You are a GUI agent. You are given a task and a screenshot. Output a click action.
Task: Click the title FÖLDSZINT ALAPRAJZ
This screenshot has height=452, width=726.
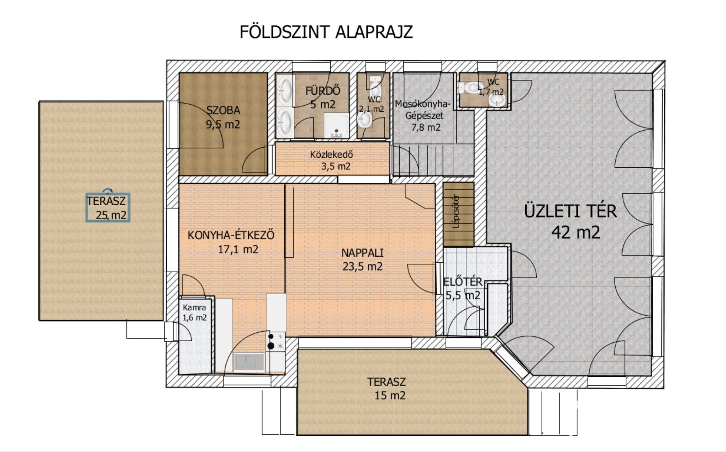point(326,32)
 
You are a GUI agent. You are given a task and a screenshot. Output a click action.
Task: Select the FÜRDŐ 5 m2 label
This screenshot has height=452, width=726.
point(322,97)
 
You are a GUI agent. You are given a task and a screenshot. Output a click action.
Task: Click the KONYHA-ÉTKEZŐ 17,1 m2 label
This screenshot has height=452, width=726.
point(231,242)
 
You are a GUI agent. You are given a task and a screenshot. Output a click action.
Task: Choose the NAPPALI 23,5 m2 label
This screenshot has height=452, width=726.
point(362,260)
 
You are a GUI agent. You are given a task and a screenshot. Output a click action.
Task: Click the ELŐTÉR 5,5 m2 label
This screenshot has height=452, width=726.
point(462,289)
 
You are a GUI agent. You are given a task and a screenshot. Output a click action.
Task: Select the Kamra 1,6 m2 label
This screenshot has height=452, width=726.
point(194,313)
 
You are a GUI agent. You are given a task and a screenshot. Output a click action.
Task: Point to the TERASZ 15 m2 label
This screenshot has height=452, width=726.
point(387,389)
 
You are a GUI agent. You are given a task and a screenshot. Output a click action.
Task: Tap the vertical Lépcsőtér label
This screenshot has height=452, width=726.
point(456,212)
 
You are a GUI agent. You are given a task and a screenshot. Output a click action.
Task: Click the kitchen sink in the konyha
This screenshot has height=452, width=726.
point(249,362)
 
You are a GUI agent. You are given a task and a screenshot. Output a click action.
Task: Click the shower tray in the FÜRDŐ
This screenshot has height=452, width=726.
point(336,125)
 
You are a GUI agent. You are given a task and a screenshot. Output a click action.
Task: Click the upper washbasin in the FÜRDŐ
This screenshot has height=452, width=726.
point(285,90)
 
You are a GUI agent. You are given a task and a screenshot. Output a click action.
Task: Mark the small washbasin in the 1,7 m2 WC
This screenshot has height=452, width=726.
point(497,100)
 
